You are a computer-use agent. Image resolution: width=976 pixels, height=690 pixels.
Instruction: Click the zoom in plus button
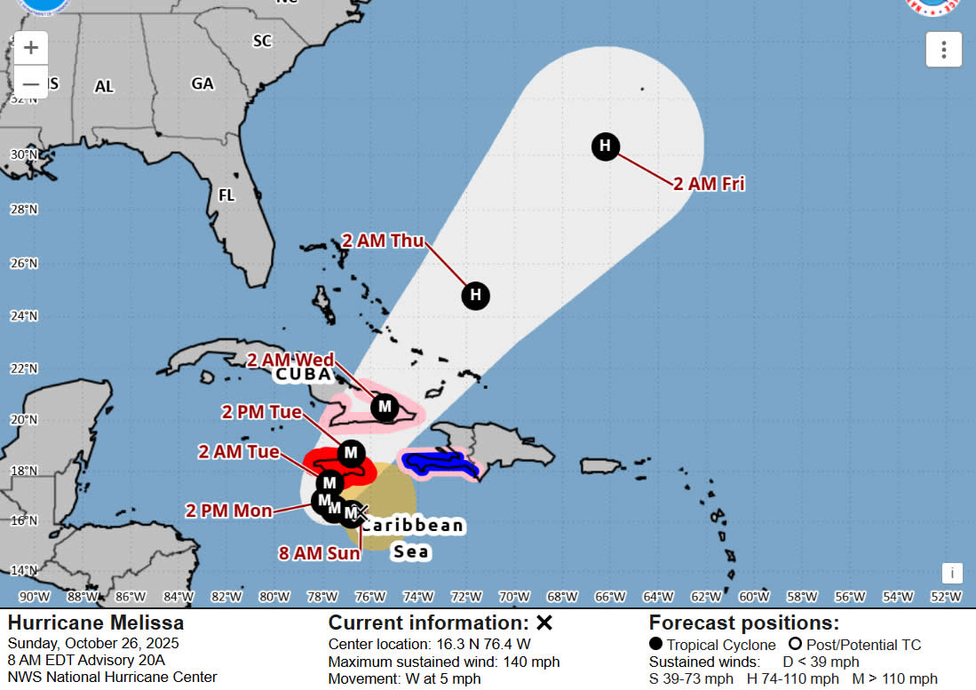(x=30, y=48)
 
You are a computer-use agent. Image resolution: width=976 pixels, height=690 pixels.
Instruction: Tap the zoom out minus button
(x=30, y=83)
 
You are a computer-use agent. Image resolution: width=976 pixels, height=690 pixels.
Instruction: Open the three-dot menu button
(x=943, y=50)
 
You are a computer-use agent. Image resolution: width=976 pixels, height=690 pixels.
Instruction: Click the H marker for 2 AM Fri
(x=605, y=146)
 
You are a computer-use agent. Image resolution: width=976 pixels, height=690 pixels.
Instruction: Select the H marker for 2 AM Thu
(x=476, y=295)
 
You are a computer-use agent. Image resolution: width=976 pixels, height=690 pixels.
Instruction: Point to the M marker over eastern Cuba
(x=385, y=407)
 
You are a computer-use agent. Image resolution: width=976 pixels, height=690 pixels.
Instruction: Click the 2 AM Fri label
(x=708, y=184)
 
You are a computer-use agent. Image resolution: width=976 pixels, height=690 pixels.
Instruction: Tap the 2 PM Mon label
(x=229, y=511)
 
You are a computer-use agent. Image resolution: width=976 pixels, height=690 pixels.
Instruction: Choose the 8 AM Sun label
(x=319, y=553)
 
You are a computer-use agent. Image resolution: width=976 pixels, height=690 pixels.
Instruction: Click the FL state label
(x=226, y=194)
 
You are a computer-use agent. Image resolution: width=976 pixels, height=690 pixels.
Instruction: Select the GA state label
(x=202, y=83)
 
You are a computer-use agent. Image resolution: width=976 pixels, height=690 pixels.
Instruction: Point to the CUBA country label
(x=302, y=375)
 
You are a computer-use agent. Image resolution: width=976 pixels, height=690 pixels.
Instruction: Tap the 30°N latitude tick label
(x=22, y=155)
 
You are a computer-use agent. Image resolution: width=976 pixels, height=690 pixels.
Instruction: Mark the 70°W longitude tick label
(x=514, y=596)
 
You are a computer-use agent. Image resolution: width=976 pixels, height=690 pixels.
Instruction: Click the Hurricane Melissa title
(x=96, y=623)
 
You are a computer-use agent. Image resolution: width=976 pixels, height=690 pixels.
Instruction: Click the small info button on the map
(x=952, y=573)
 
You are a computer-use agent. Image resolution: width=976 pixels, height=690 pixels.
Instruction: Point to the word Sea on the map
(x=411, y=551)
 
